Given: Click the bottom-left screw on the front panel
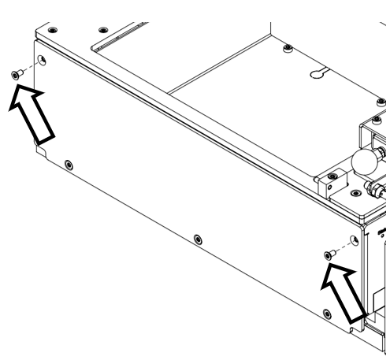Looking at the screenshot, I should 69,165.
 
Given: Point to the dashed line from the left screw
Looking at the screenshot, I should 27,67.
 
